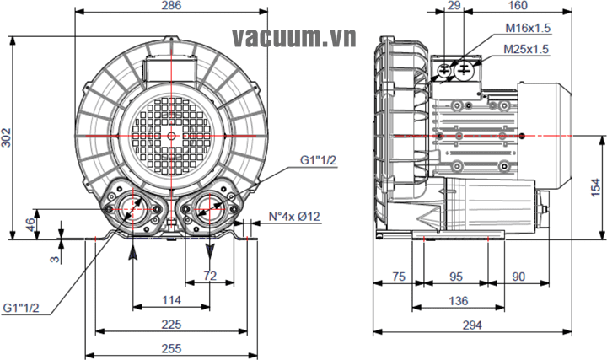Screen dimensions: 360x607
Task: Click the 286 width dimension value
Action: click(171, 6)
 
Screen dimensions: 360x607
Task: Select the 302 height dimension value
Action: click(8, 139)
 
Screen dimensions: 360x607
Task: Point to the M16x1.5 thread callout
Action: click(527, 28)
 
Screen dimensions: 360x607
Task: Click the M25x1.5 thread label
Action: click(527, 50)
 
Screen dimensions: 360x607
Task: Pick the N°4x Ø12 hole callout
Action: click(289, 217)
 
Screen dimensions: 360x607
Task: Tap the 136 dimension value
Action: click(458, 302)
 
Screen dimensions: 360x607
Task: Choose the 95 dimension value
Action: click(455, 277)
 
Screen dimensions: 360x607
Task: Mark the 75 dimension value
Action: click(399, 277)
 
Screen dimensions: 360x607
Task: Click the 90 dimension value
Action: click(518, 277)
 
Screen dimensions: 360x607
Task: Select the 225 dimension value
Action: click(171, 325)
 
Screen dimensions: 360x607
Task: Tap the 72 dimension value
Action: click(210, 276)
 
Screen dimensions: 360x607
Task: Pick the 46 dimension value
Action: click(31, 224)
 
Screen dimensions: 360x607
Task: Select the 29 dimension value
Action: click(454, 6)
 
